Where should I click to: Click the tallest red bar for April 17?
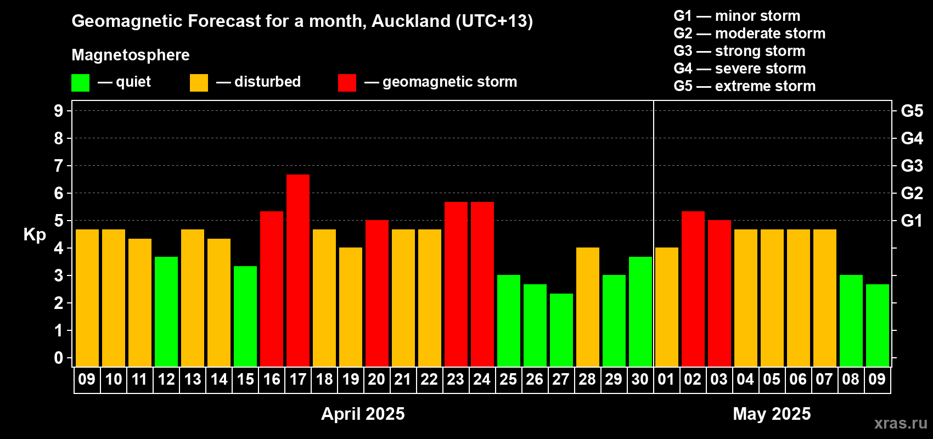click(298, 271)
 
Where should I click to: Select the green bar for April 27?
click(561, 330)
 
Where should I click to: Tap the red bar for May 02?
click(693, 289)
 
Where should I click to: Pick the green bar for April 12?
click(166, 312)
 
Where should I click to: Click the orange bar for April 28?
click(588, 307)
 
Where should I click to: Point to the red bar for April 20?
click(377, 293)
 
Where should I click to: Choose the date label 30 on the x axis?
click(640, 379)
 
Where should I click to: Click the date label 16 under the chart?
click(272, 379)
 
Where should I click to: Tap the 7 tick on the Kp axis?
click(58, 166)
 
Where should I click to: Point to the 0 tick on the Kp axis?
click(58, 358)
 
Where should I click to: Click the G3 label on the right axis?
click(912, 166)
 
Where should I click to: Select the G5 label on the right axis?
click(912, 111)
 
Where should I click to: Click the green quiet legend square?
click(80, 82)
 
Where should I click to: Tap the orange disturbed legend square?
click(199, 82)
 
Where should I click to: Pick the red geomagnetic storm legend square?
click(347, 82)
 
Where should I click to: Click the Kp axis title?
click(35, 235)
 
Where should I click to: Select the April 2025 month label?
click(363, 414)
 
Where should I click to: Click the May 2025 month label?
click(772, 414)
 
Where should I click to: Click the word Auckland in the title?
click(411, 21)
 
